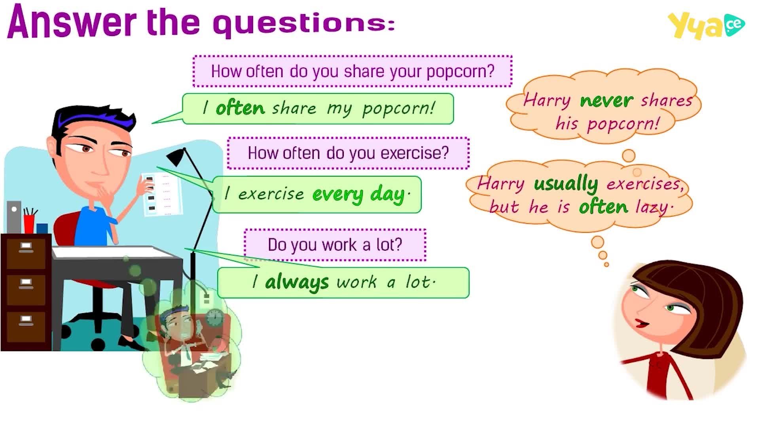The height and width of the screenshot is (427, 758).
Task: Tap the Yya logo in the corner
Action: click(706, 26)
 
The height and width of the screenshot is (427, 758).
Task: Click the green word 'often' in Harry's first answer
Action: click(240, 108)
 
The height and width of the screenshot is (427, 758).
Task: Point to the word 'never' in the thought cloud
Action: click(606, 100)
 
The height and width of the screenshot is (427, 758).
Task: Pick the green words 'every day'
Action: click(358, 195)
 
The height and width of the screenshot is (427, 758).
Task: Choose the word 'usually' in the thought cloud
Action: click(566, 184)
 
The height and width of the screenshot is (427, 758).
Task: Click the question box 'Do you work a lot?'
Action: click(335, 245)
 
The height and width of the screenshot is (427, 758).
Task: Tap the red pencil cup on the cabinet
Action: click(29, 224)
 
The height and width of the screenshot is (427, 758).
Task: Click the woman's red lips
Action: click(641, 324)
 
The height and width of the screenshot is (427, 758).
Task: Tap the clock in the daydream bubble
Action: click(214, 317)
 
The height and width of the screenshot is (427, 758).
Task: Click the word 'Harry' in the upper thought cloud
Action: click(546, 100)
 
